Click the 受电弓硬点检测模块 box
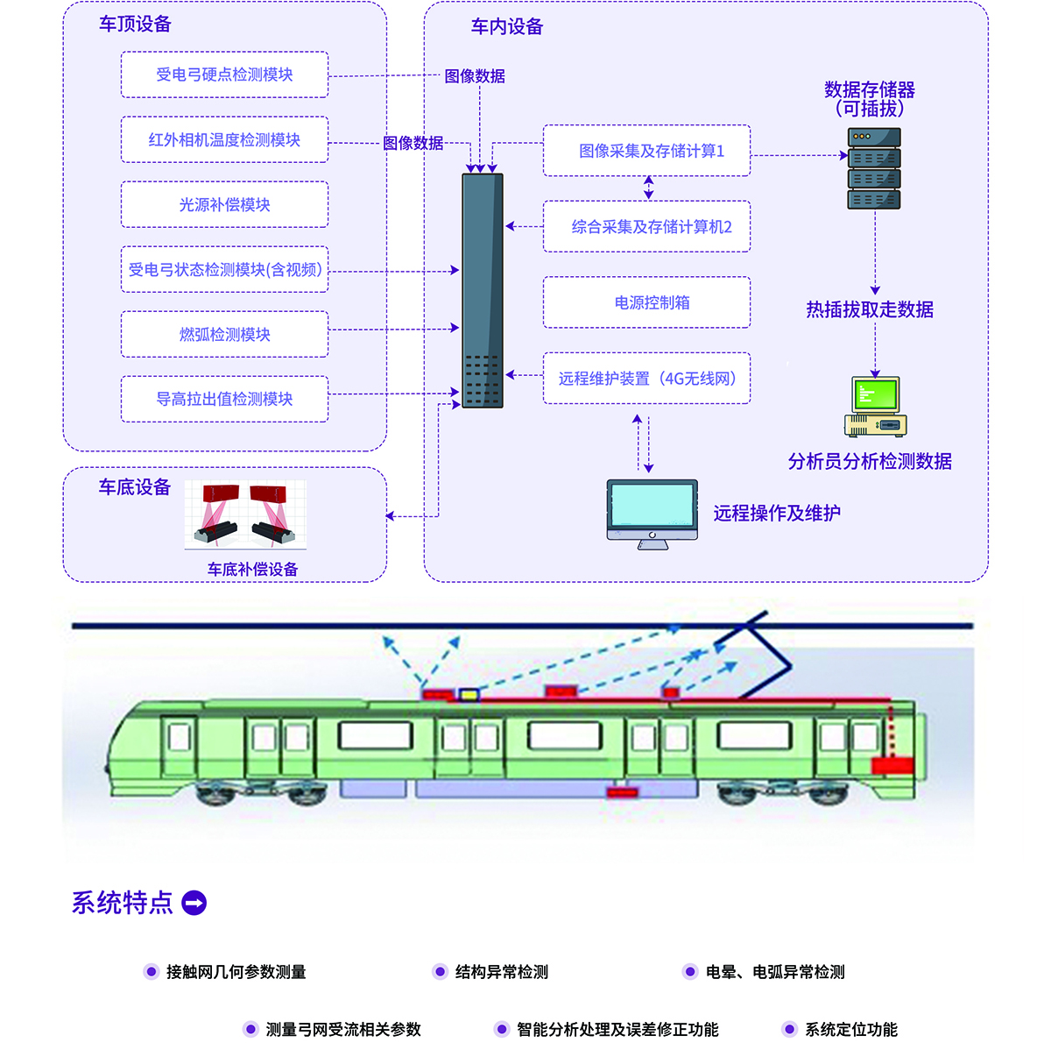tap(224, 74)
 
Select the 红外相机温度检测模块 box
tap(224, 139)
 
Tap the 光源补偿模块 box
tap(224, 204)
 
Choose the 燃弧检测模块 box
tap(224, 334)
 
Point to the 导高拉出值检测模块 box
tap(224, 399)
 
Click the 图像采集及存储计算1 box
tap(646, 151)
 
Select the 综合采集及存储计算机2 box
tap(646, 227)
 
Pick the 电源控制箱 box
tap(646, 302)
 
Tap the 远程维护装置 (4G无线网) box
tap(646, 379)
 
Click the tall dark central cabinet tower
tap(483, 290)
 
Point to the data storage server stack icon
tap(873, 168)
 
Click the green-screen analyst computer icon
tap(875, 407)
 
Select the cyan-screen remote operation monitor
tap(652, 514)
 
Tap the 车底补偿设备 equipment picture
tap(245, 514)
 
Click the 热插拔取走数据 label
tap(870, 309)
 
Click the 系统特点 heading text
tap(123, 903)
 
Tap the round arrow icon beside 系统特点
tap(194, 903)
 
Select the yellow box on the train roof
tap(469, 695)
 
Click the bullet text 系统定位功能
tap(850, 1030)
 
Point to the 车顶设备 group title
tap(135, 25)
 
